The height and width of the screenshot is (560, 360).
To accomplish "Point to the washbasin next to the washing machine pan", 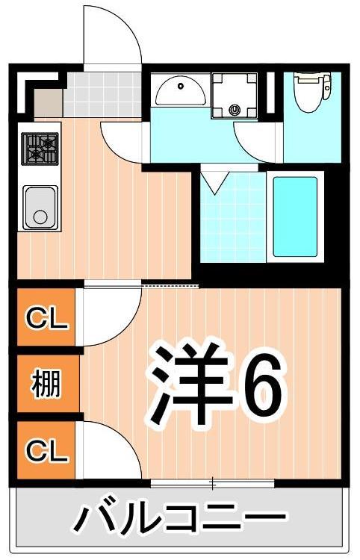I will [180, 93].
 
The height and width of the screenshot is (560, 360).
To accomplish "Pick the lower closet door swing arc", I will [108, 448].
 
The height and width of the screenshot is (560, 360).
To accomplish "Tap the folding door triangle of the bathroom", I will [216, 182].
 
